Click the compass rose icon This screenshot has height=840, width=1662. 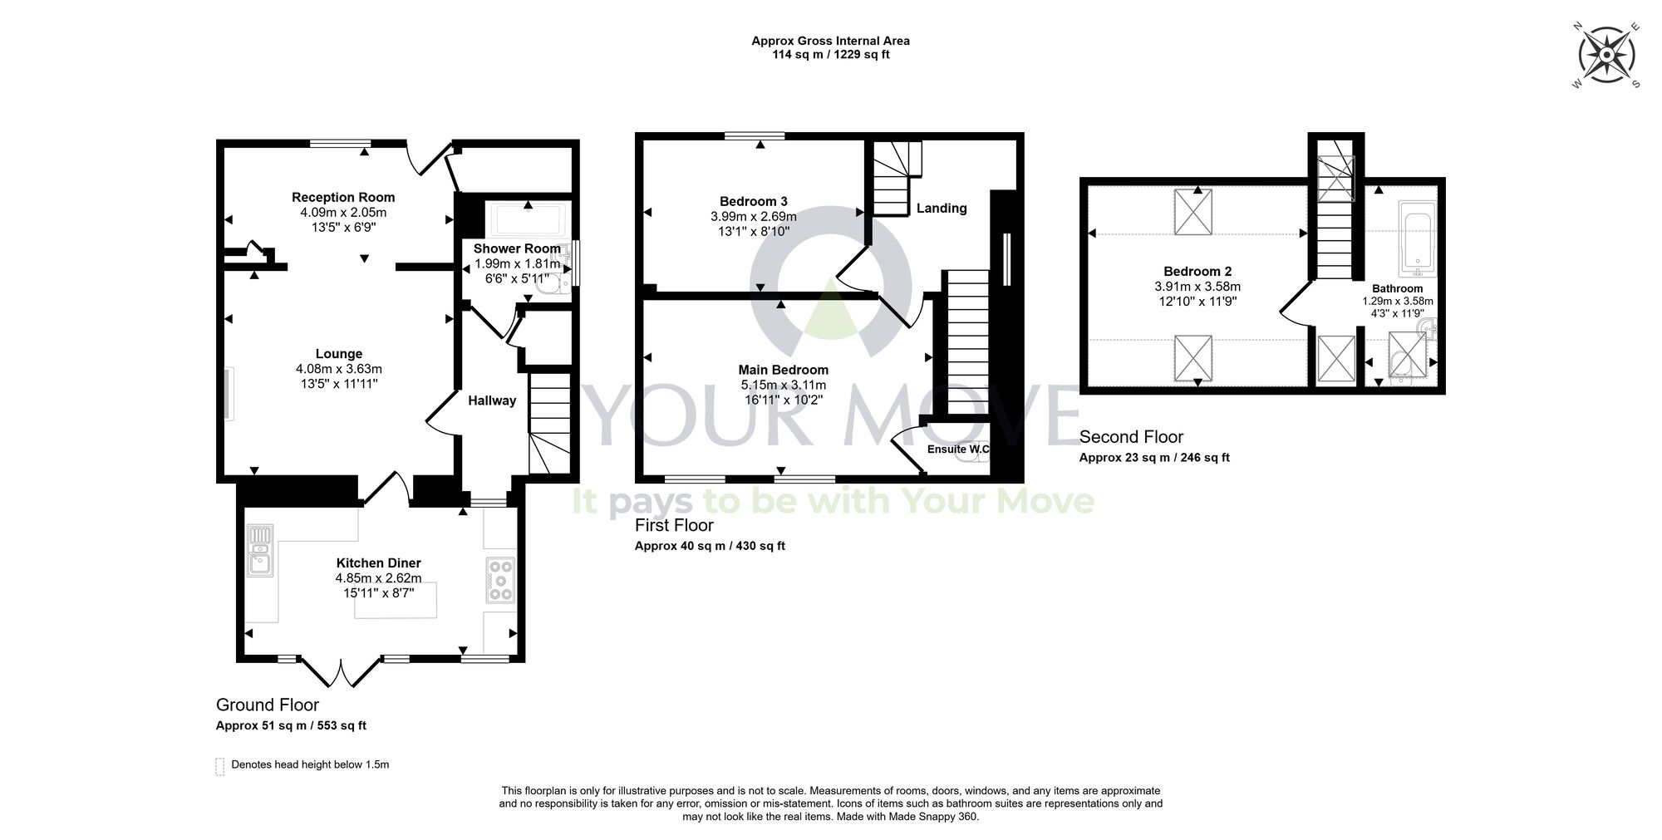point(1605,56)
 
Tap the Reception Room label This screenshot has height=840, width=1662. point(343,198)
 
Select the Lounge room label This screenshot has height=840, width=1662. point(339,354)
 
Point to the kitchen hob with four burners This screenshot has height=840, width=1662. point(501,580)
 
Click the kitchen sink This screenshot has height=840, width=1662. point(260,552)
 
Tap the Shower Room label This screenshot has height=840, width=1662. point(517,249)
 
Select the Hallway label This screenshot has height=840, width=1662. point(492,400)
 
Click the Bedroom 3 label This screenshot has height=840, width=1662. point(753,202)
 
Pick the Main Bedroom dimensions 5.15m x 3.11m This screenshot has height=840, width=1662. point(783,386)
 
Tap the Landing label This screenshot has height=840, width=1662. point(942,209)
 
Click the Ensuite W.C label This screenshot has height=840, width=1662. point(958,449)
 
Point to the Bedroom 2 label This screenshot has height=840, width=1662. point(1197,272)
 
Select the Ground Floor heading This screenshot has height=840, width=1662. point(268,705)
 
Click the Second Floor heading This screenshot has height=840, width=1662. point(1131,437)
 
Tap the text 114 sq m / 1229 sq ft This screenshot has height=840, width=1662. point(830,55)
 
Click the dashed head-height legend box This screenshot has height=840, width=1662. point(220,765)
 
